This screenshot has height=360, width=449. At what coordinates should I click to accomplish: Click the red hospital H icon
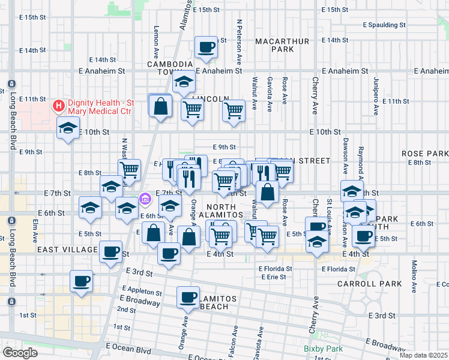[x=59, y=106]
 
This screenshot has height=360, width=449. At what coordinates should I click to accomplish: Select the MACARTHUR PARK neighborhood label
[x=282, y=46]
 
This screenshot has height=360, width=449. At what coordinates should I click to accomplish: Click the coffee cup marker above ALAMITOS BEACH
[x=188, y=296]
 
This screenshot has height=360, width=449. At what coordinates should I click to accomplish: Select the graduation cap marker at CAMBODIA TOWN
[x=184, y=81]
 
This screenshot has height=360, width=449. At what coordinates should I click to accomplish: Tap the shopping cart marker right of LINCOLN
[x=234, y=110]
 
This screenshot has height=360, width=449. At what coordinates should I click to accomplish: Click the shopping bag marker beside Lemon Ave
[x=160, y=106]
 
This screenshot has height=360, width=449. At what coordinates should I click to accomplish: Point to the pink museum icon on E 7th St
[x=145, y=198]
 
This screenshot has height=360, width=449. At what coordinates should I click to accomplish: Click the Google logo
[x=20, y=353]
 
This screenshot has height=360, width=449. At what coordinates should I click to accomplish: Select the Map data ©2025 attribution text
[x=424, y=355]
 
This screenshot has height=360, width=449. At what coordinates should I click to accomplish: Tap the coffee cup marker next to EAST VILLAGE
[x=110, y=251]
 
